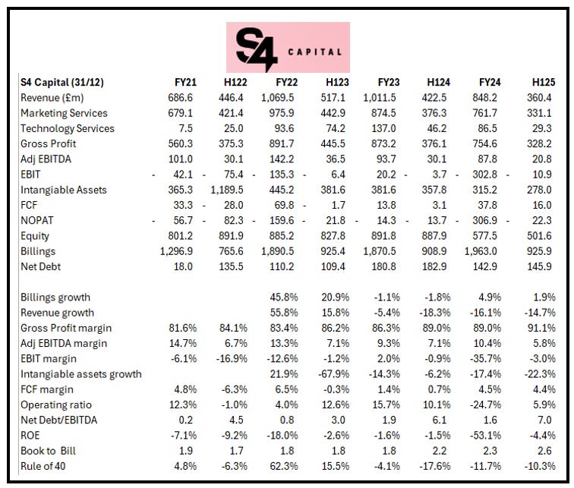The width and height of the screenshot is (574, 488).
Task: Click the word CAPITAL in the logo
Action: [314, 52]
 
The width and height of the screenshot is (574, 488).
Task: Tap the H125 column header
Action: [547, 82]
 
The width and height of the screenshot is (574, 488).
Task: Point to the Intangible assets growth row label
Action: [81, 373]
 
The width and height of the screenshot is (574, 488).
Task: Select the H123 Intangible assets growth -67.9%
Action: [342, 373]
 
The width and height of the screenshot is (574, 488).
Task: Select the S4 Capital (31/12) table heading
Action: [69, 82]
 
